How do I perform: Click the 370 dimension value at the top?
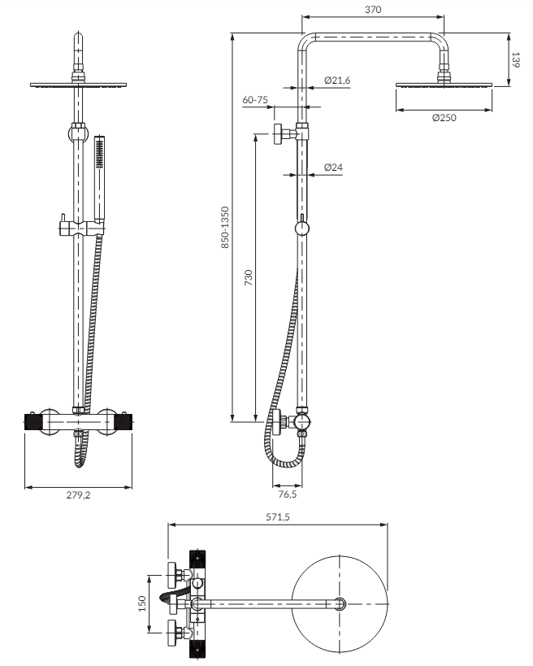(373, 9)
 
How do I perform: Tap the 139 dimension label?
(516, 60)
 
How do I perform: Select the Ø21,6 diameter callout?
(337, 80)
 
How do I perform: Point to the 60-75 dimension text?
(255, 100)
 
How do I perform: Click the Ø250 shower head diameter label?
(444, 118)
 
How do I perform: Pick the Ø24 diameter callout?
(333, 168)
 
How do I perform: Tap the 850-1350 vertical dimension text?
(225, 227)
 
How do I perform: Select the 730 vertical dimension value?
(249, 277)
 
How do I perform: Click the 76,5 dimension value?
(288, 494)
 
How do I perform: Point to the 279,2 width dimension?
(78, 495)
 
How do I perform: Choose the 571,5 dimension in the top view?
(278, 517)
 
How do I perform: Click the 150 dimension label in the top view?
(142, 603)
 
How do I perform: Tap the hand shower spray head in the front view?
(99, 152)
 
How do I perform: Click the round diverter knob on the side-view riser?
(301, 229)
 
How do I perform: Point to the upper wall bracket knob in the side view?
(279, 134)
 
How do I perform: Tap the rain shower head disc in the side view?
(444, 85)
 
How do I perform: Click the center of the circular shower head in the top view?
(340, 603)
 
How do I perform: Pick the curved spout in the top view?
(170, 594)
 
